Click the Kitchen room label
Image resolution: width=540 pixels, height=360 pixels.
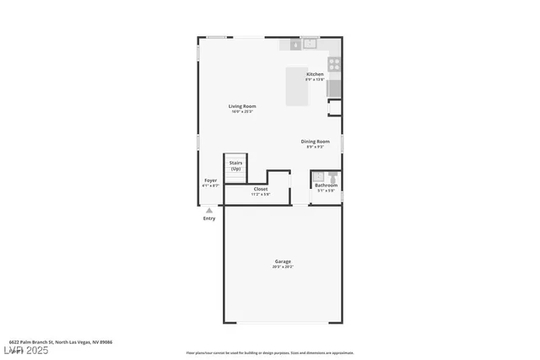point(315,74)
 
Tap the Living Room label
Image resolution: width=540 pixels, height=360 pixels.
point(243,106)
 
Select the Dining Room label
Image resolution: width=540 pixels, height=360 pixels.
point(315,141)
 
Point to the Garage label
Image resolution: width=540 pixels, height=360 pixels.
point(283,261)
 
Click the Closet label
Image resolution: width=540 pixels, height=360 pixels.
point(261,189)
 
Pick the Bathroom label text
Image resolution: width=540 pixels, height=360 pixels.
point(326,185)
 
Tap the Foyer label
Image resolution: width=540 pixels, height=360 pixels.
point(210,180)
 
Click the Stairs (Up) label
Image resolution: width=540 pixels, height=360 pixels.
point(235,166)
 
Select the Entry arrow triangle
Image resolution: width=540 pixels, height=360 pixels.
point(209,210)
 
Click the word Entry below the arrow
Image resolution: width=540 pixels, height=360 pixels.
point(209,218)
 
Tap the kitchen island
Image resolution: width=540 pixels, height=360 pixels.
point(296,87)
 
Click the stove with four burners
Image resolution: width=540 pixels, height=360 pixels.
point(333,62)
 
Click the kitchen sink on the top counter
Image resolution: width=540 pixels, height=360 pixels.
point(309,43)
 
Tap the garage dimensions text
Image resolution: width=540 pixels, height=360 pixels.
point(283,267)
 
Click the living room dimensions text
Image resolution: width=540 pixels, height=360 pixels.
point(243,112)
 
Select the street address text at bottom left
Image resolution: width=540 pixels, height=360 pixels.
point(55,342)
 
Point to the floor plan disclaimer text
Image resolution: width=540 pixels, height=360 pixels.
point(270,353)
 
